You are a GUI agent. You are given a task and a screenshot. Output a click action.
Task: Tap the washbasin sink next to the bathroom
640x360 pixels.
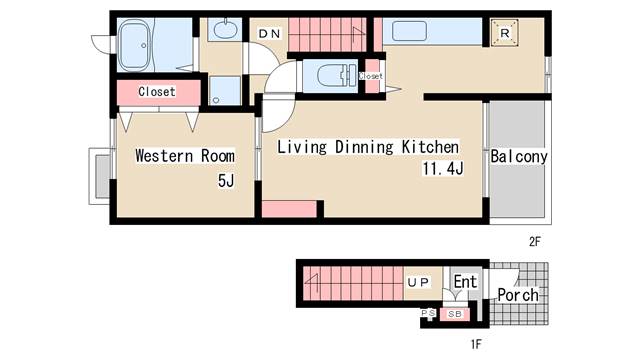[x=224, y=29]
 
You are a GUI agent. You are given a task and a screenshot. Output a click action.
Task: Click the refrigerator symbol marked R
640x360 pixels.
[x=504, y=33]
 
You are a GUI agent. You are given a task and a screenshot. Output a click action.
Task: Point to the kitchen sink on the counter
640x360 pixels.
[x=409, y=31]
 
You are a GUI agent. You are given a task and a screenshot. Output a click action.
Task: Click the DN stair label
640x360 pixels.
[x=269, y=33]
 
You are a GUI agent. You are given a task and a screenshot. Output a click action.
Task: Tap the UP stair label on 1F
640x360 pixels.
[x=418, y=282]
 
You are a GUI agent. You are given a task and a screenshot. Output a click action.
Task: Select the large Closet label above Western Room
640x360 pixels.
[x=157, y=91]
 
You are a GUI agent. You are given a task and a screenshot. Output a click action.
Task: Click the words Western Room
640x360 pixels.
[x=185, y=156]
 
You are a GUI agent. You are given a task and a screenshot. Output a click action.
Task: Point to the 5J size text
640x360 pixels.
[x=226, y=180]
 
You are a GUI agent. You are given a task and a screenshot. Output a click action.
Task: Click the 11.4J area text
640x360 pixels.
[x=443, y=168]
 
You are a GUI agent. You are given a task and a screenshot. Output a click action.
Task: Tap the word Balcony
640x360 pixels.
[x=519, y=156]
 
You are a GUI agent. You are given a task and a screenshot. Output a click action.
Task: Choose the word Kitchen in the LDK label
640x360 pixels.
[x=430, y=147]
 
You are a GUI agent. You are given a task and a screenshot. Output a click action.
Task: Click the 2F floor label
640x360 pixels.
[x=535, y=242]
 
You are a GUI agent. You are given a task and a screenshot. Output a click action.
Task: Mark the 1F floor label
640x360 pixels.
[x=476, y=344]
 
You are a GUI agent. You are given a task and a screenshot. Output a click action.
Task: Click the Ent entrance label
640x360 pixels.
[x=465, y=281]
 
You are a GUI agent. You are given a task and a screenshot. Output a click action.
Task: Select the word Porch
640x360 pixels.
[x=518, y=295]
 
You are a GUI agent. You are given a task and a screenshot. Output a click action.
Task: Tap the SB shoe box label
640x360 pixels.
[x=455, y=314]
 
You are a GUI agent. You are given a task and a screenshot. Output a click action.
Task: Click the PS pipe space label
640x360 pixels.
[x=428, y=313]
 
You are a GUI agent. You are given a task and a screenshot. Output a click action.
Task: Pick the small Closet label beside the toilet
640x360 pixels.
[x=371, y=76]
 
